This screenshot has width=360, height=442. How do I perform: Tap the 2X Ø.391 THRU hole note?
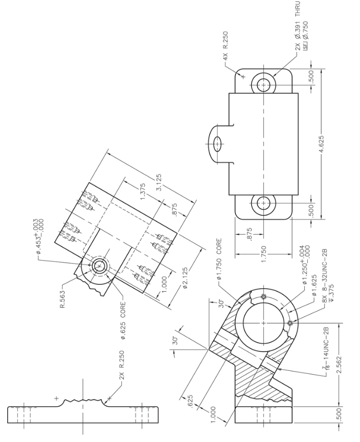pyautogui.click(x=296, y=27)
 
